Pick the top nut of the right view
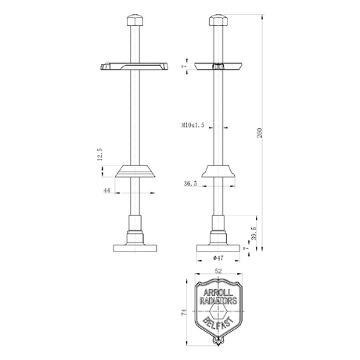(217, 20)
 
